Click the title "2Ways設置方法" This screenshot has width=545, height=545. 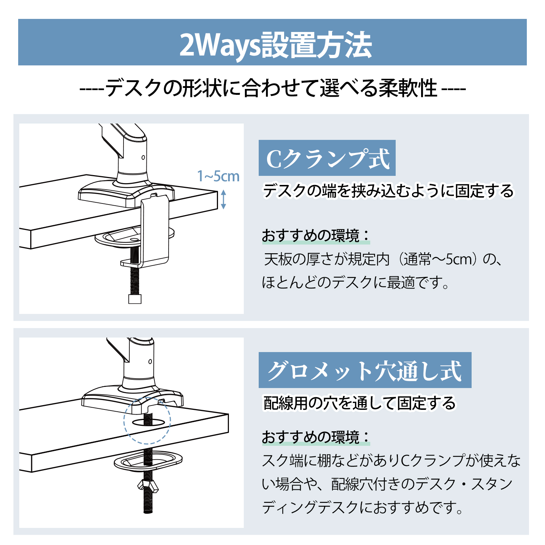tap(276, 45)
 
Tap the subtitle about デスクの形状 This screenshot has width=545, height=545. tap(272, 88)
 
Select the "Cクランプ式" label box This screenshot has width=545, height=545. tap(327, 158)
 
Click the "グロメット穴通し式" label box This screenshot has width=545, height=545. tap(365, 370)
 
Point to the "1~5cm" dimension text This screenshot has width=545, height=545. tap(218, 177)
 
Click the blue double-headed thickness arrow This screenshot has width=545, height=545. tap(223, 199)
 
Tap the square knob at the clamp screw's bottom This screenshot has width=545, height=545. tap(135, 299)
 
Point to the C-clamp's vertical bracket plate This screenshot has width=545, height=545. tap(155, 229)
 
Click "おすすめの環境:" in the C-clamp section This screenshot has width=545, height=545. tap(316, 236)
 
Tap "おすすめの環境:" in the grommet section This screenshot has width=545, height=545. tap(316, 437)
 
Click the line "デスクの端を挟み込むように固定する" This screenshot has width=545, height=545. tap(388, 191)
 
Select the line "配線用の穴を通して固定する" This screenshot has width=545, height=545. tap(359, 403)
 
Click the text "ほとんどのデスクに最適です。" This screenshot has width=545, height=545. tap(356, 282)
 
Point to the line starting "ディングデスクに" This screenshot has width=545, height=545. tap(363, 507)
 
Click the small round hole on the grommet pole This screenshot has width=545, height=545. tap(150, 362)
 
